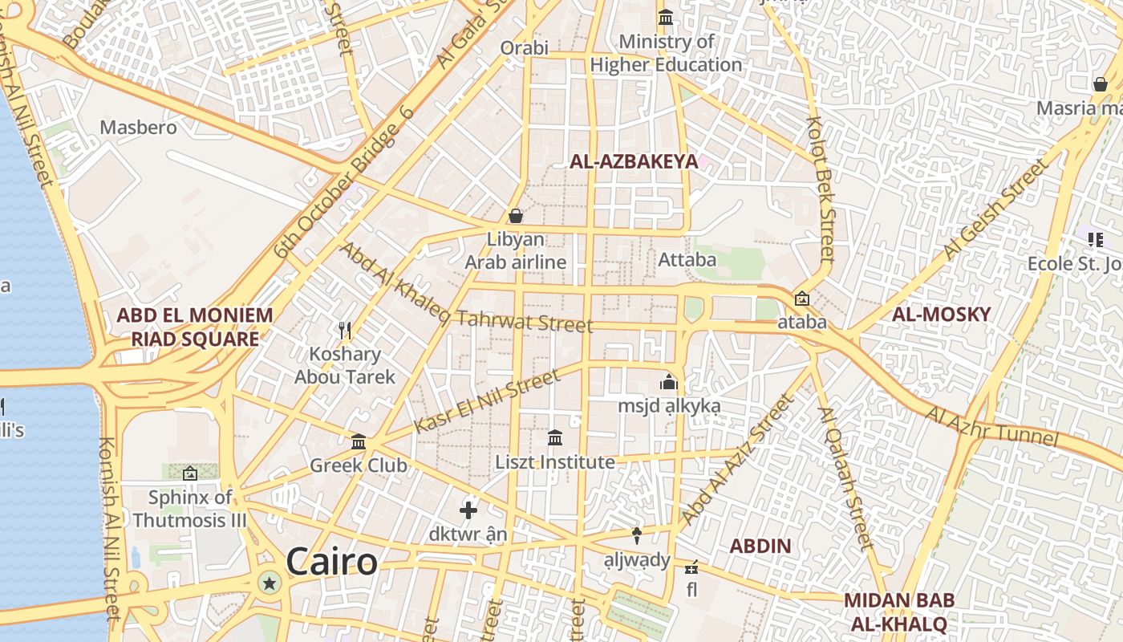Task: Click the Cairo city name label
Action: coord(331,562)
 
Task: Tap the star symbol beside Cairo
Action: coord(270,583)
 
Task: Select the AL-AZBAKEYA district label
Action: coord(634,161)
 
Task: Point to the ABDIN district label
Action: coord(760,547)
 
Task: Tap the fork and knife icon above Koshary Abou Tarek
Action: coord(345,330)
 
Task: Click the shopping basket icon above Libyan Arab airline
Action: coord(516,216)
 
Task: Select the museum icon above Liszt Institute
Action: coord(554,438)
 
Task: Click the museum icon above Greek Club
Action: coord(359,441)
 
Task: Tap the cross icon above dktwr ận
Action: coord(468,510)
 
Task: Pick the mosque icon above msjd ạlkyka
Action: coord(669,383)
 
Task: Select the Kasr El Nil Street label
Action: coord(487,402)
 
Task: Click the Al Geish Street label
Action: coord(995,209)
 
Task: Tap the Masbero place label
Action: coord(138,127)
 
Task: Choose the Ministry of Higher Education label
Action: coord(666,53)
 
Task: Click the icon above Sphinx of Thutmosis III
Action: coord(190,473)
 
